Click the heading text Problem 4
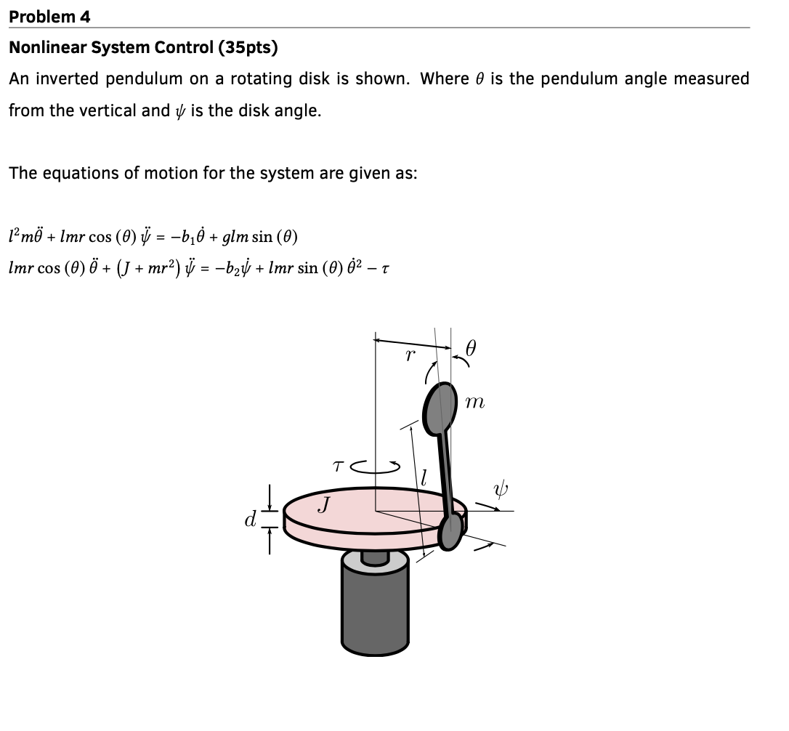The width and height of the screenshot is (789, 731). (50, 16)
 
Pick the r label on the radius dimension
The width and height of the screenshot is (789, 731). (410, 355)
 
